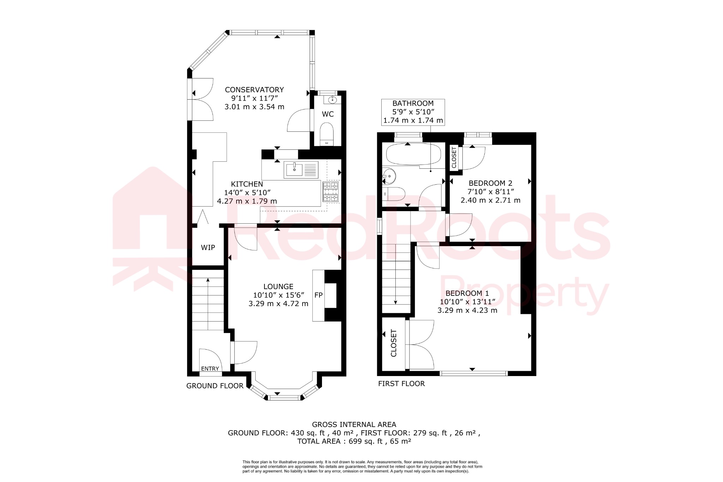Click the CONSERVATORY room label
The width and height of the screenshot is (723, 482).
click(x=254, y=90)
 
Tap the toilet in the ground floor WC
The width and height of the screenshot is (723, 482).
click(x=327, y=133)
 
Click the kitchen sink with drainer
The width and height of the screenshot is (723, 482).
click(x=301, y=170)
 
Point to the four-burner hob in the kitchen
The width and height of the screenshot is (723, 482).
click(x=330, y=192)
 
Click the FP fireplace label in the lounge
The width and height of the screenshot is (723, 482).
click(x=318, y=295)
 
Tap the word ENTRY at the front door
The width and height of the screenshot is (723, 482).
click(x=210, y=368)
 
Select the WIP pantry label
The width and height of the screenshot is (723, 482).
click(x=208, y=248)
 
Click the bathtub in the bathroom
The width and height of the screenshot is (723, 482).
click(x=413, y=154)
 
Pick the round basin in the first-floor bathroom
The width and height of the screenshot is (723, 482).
click(x=389, y=175)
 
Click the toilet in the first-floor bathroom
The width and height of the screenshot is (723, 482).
click(x=395, y=194)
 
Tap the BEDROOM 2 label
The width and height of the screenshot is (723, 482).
click(x=490, y=183)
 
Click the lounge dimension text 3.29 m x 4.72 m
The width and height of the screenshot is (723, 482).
click(x=278, y=304)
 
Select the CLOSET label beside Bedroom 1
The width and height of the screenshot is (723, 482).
click(x=394, y=343)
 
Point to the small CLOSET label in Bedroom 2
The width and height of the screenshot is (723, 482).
click(x=454, y=157)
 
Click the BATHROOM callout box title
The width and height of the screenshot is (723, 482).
click(x=413, y=103)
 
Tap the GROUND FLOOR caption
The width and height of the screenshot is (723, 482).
click(x=215, y=386)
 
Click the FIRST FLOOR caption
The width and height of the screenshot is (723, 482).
click(x=401, y=383)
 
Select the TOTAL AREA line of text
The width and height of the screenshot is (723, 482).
click(x=354, y=441)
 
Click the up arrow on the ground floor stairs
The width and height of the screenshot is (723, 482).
click(x=208, y=281)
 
